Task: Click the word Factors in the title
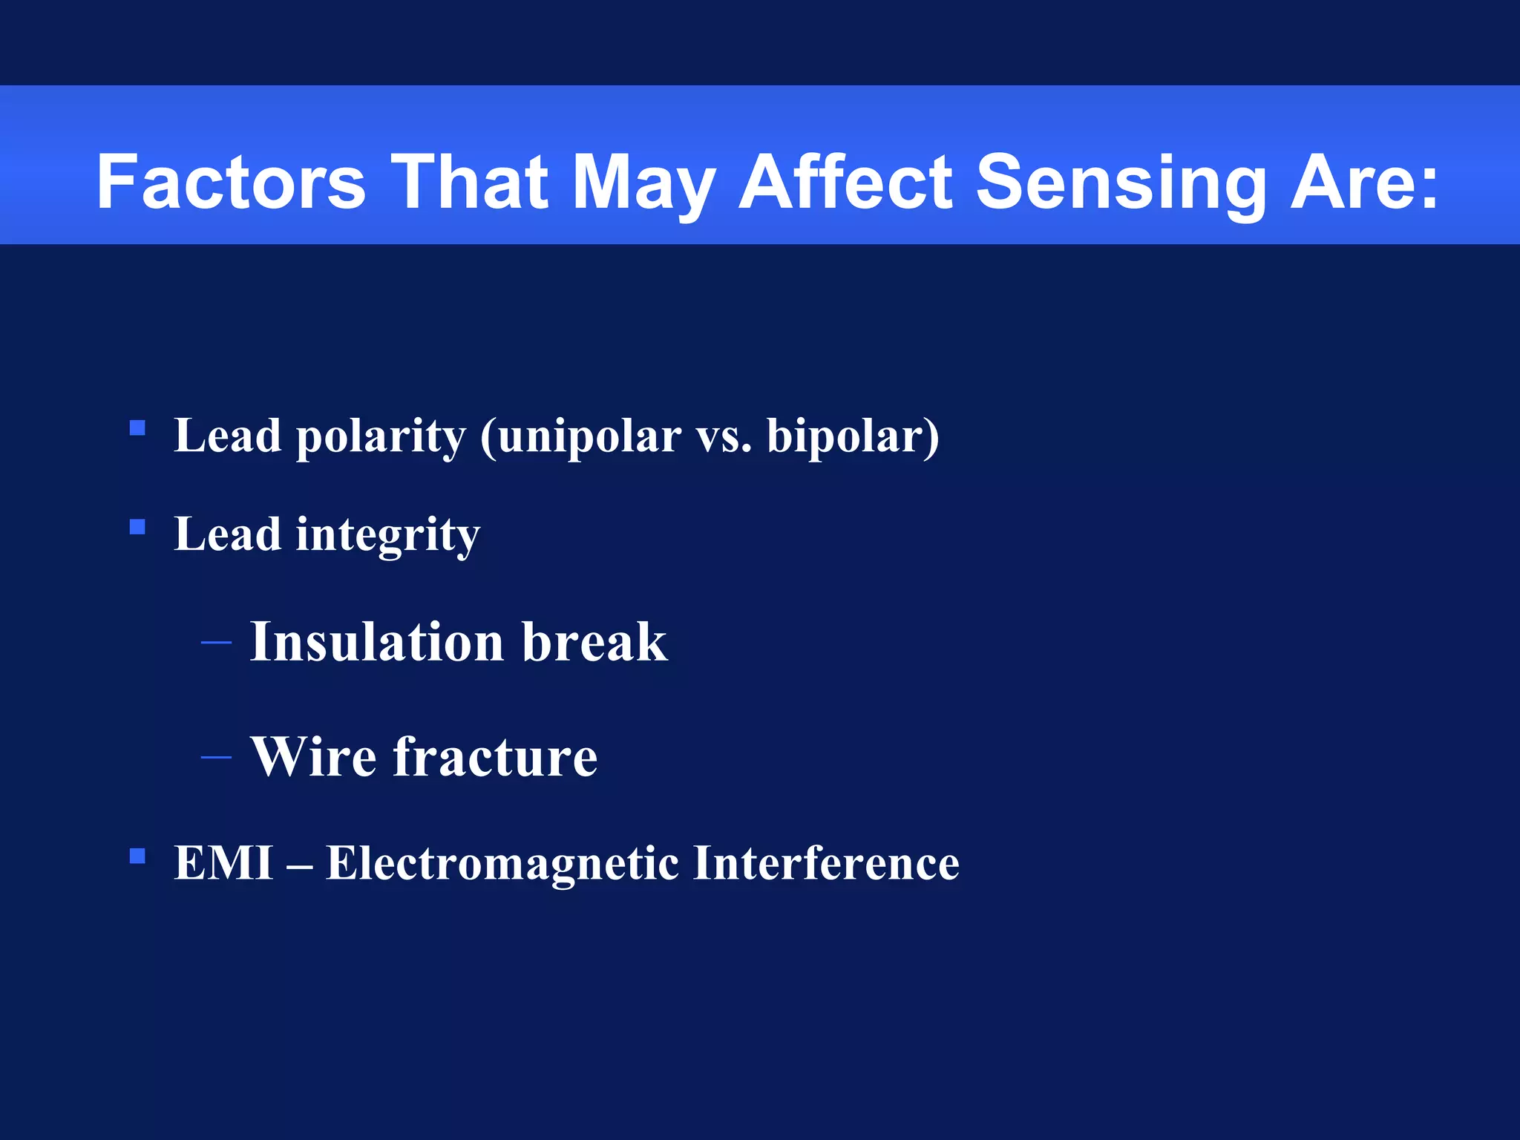[231, 182]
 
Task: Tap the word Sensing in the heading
[1120, 182]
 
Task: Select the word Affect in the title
[845, 182]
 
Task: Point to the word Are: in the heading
[1364, 182]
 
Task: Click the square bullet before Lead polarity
[137, 428]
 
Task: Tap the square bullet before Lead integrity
[137, 527]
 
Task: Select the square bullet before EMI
[137, 856]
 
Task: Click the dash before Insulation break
[216, 642]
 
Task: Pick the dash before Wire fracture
[216, 757]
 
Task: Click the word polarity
[381, 436]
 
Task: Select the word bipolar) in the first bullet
[853, 436]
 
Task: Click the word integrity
[387, 535]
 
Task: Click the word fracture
[494, 757]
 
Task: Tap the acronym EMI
[223, 863]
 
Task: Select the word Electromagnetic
[502, 863]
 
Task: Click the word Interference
[825, 863]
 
